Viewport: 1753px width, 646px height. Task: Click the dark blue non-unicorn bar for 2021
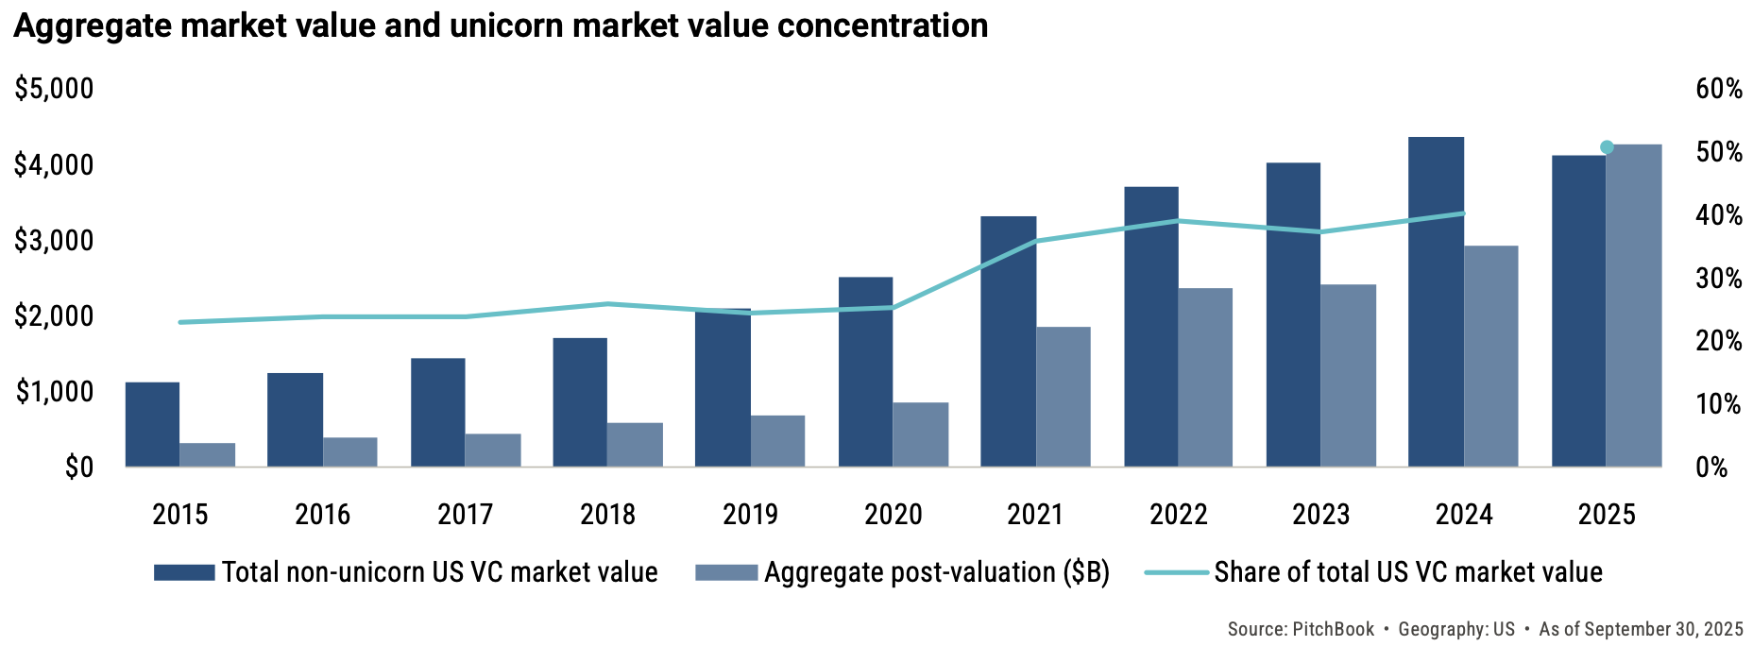[x=1008, y=342]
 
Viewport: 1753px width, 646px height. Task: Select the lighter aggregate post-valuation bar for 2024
[x=1491, y=356]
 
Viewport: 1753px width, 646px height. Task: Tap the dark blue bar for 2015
[x=152, y=424]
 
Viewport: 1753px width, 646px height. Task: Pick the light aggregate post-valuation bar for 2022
[x=1205, y=377]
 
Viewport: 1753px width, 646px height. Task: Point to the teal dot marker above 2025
[x=1607, y=147]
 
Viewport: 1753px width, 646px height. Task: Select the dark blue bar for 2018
[x=580, y=402]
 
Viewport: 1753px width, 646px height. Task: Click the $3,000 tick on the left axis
[x=54, y=241]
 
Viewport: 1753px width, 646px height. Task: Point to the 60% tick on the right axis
[x=1718, y=89]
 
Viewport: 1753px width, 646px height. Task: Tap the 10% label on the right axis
[x=1718, y=404]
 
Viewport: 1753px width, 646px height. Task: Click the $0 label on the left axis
[x=78, y=467]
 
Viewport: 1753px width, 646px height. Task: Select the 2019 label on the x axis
[x=750, y=515]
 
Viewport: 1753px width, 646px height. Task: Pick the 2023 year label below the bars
[x=1320, y=515]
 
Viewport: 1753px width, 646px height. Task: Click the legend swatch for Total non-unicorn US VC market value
[x=184, y=572]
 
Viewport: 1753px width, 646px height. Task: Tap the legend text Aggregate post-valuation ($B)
[x=936, y=572]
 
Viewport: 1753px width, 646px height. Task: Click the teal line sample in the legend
[x=1176, y=572]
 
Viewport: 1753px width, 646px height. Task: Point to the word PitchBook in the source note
[x=1333, y=629]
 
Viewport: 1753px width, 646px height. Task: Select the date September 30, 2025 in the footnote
[x=1663, y=629]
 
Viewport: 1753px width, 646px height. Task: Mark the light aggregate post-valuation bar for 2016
[x=349, y=451]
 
